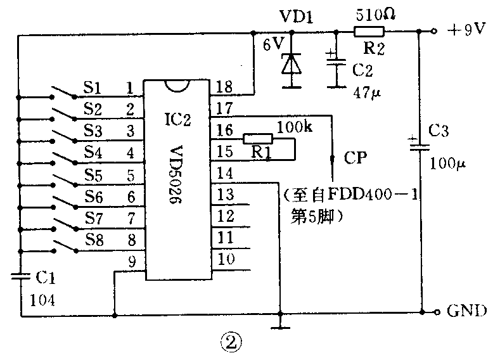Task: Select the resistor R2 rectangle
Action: [369, 31]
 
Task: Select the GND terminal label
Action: [467, 311]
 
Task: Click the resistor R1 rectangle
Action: [257, 138]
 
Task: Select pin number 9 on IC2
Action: [132, 259]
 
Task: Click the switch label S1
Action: [93, 86]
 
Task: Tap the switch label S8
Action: [93, 240]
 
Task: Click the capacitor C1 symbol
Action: [21, 275]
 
